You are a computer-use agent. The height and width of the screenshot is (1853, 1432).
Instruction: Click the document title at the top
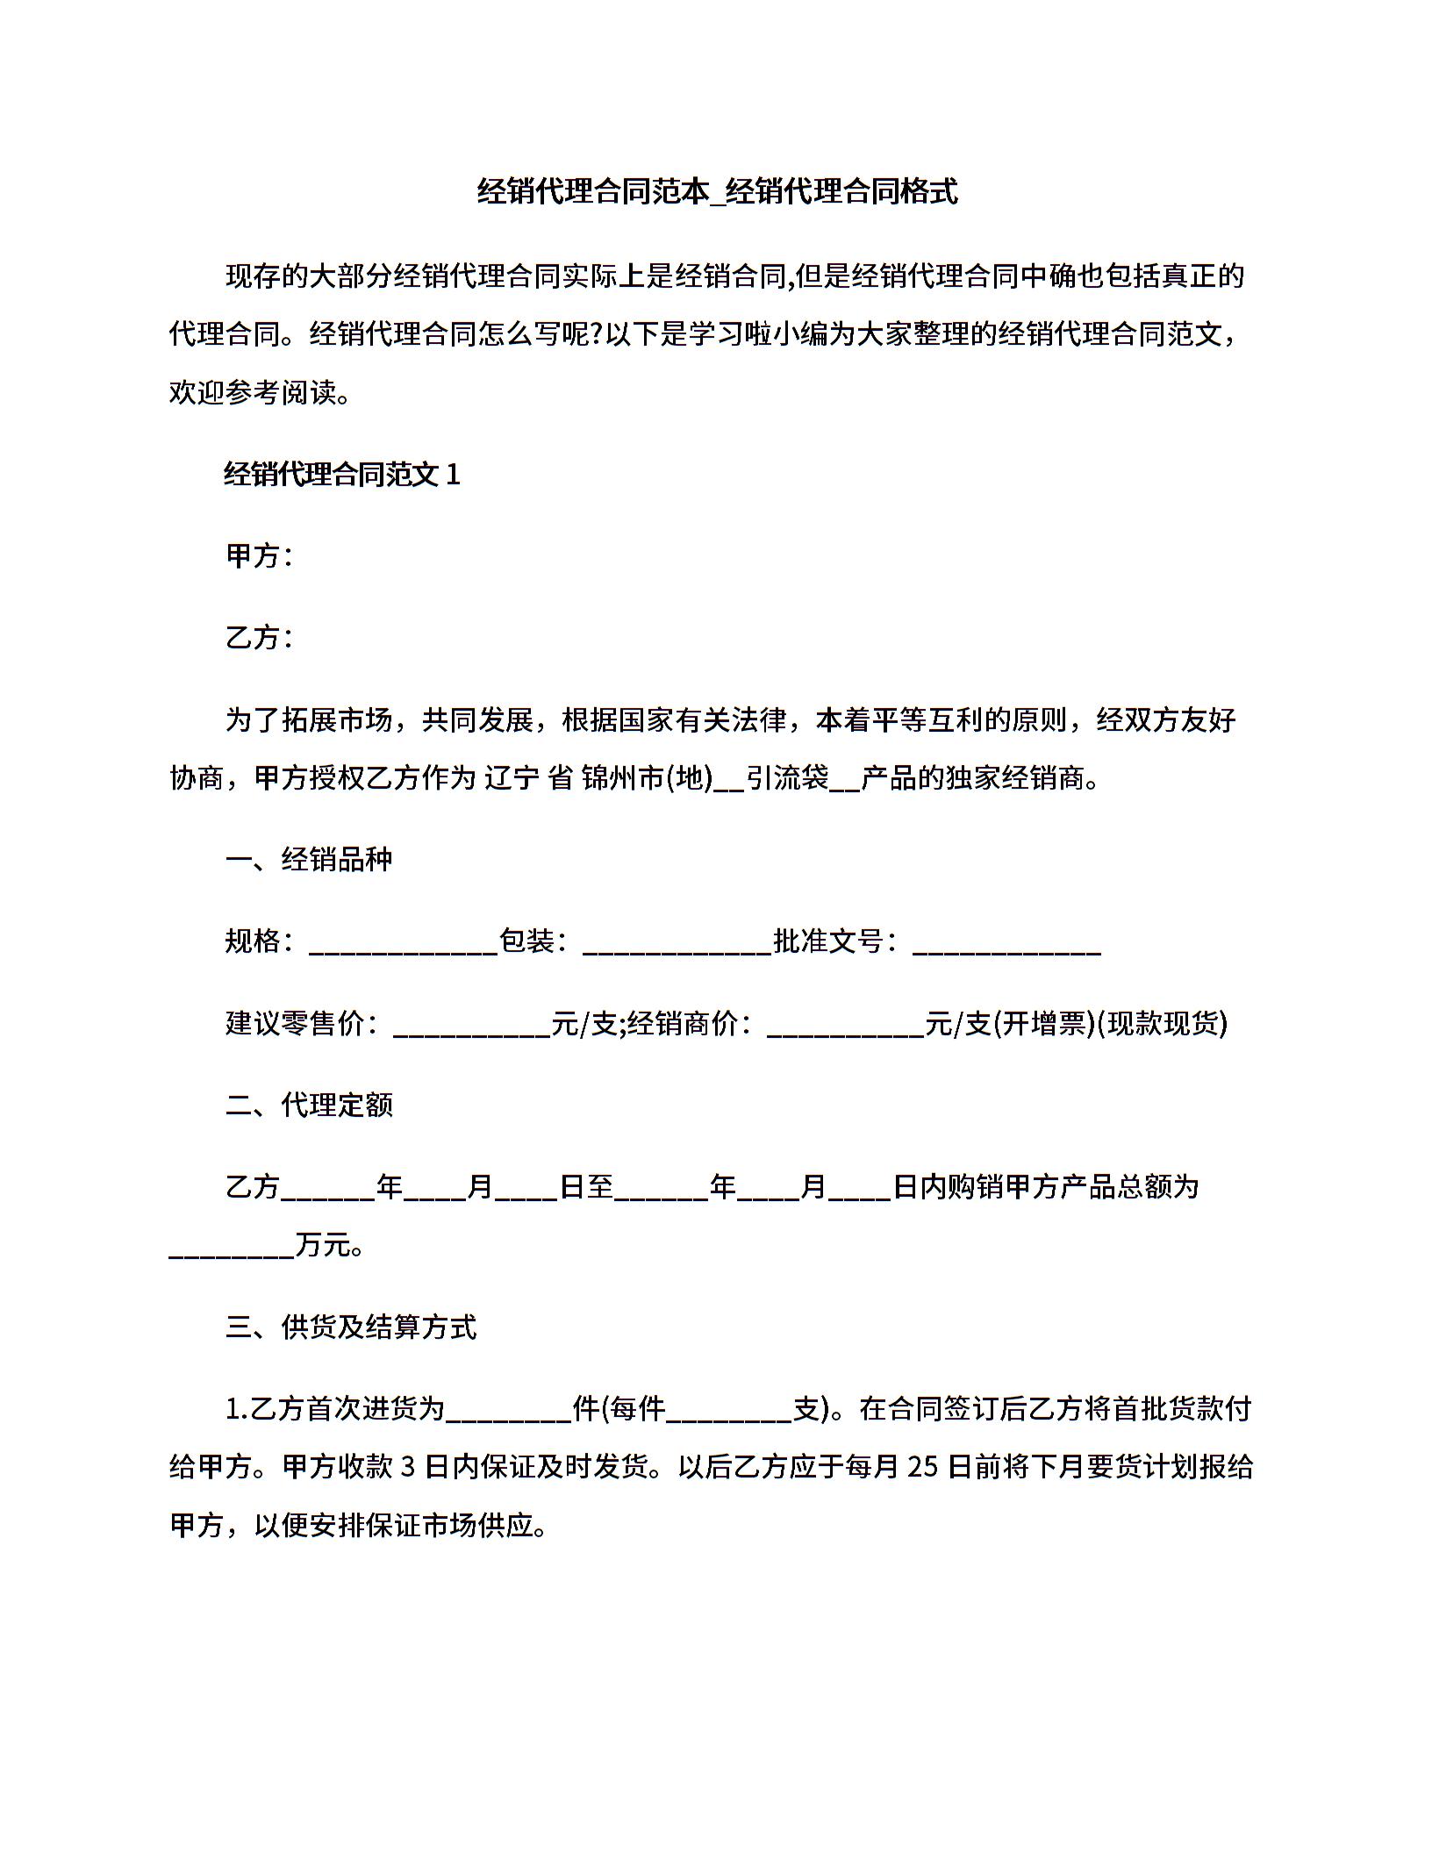(716, 191)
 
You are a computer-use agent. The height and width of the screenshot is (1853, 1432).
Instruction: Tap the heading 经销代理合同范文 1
(342, 475)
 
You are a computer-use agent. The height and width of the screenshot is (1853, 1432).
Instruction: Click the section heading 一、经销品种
(309, 859)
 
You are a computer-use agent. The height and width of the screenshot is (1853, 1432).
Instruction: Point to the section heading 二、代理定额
(309, 1105)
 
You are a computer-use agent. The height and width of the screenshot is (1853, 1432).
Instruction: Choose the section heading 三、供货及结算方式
(351, 1327)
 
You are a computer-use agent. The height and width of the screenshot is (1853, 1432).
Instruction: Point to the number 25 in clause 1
(923, 1467)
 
